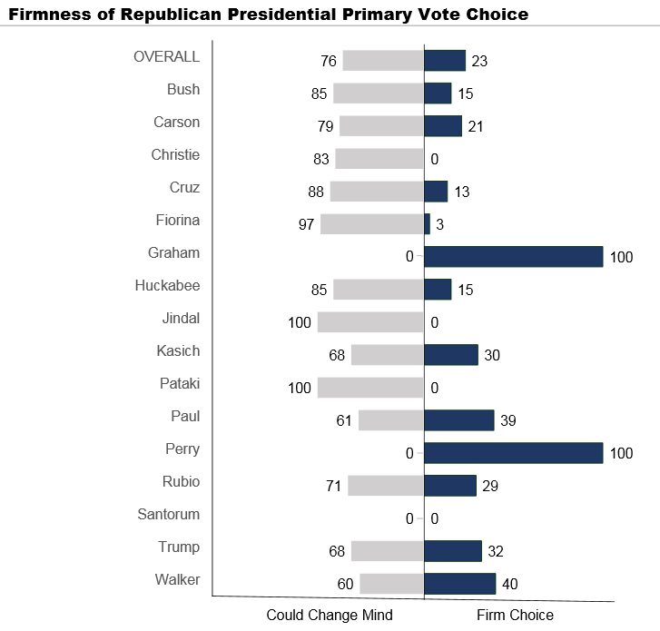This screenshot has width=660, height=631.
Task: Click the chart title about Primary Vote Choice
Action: click(x=269, y=15)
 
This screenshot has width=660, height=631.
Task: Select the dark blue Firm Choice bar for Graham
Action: click(x=513, y=256)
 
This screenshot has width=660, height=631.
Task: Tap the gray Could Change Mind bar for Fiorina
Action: click(x=372, y=224)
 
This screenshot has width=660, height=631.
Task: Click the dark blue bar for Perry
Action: click(x=513, y=452)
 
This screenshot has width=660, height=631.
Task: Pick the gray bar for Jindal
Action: click(x=370, y=322)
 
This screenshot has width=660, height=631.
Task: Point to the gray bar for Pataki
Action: click(x=370, y=388)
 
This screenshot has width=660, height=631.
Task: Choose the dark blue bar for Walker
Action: click(x=459, y=583)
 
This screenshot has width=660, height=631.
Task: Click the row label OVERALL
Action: click(x=166, y=56)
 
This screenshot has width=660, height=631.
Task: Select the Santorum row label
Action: click(x=169, y=514)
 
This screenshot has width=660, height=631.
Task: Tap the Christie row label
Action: click(x=175, y=154)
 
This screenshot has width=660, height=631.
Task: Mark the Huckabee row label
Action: click(x=167, y=285)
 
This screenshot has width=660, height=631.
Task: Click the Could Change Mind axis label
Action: click(x=330, y=615)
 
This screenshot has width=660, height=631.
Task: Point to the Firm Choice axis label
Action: click(x=515, y=615)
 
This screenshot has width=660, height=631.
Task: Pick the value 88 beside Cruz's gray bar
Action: click(x=313, y=192)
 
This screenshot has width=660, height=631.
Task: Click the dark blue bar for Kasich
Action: click(x=450, y=354)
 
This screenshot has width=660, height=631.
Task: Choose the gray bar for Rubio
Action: click(x=386, y=485)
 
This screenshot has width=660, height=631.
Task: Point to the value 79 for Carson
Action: click(x=323, y=126)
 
